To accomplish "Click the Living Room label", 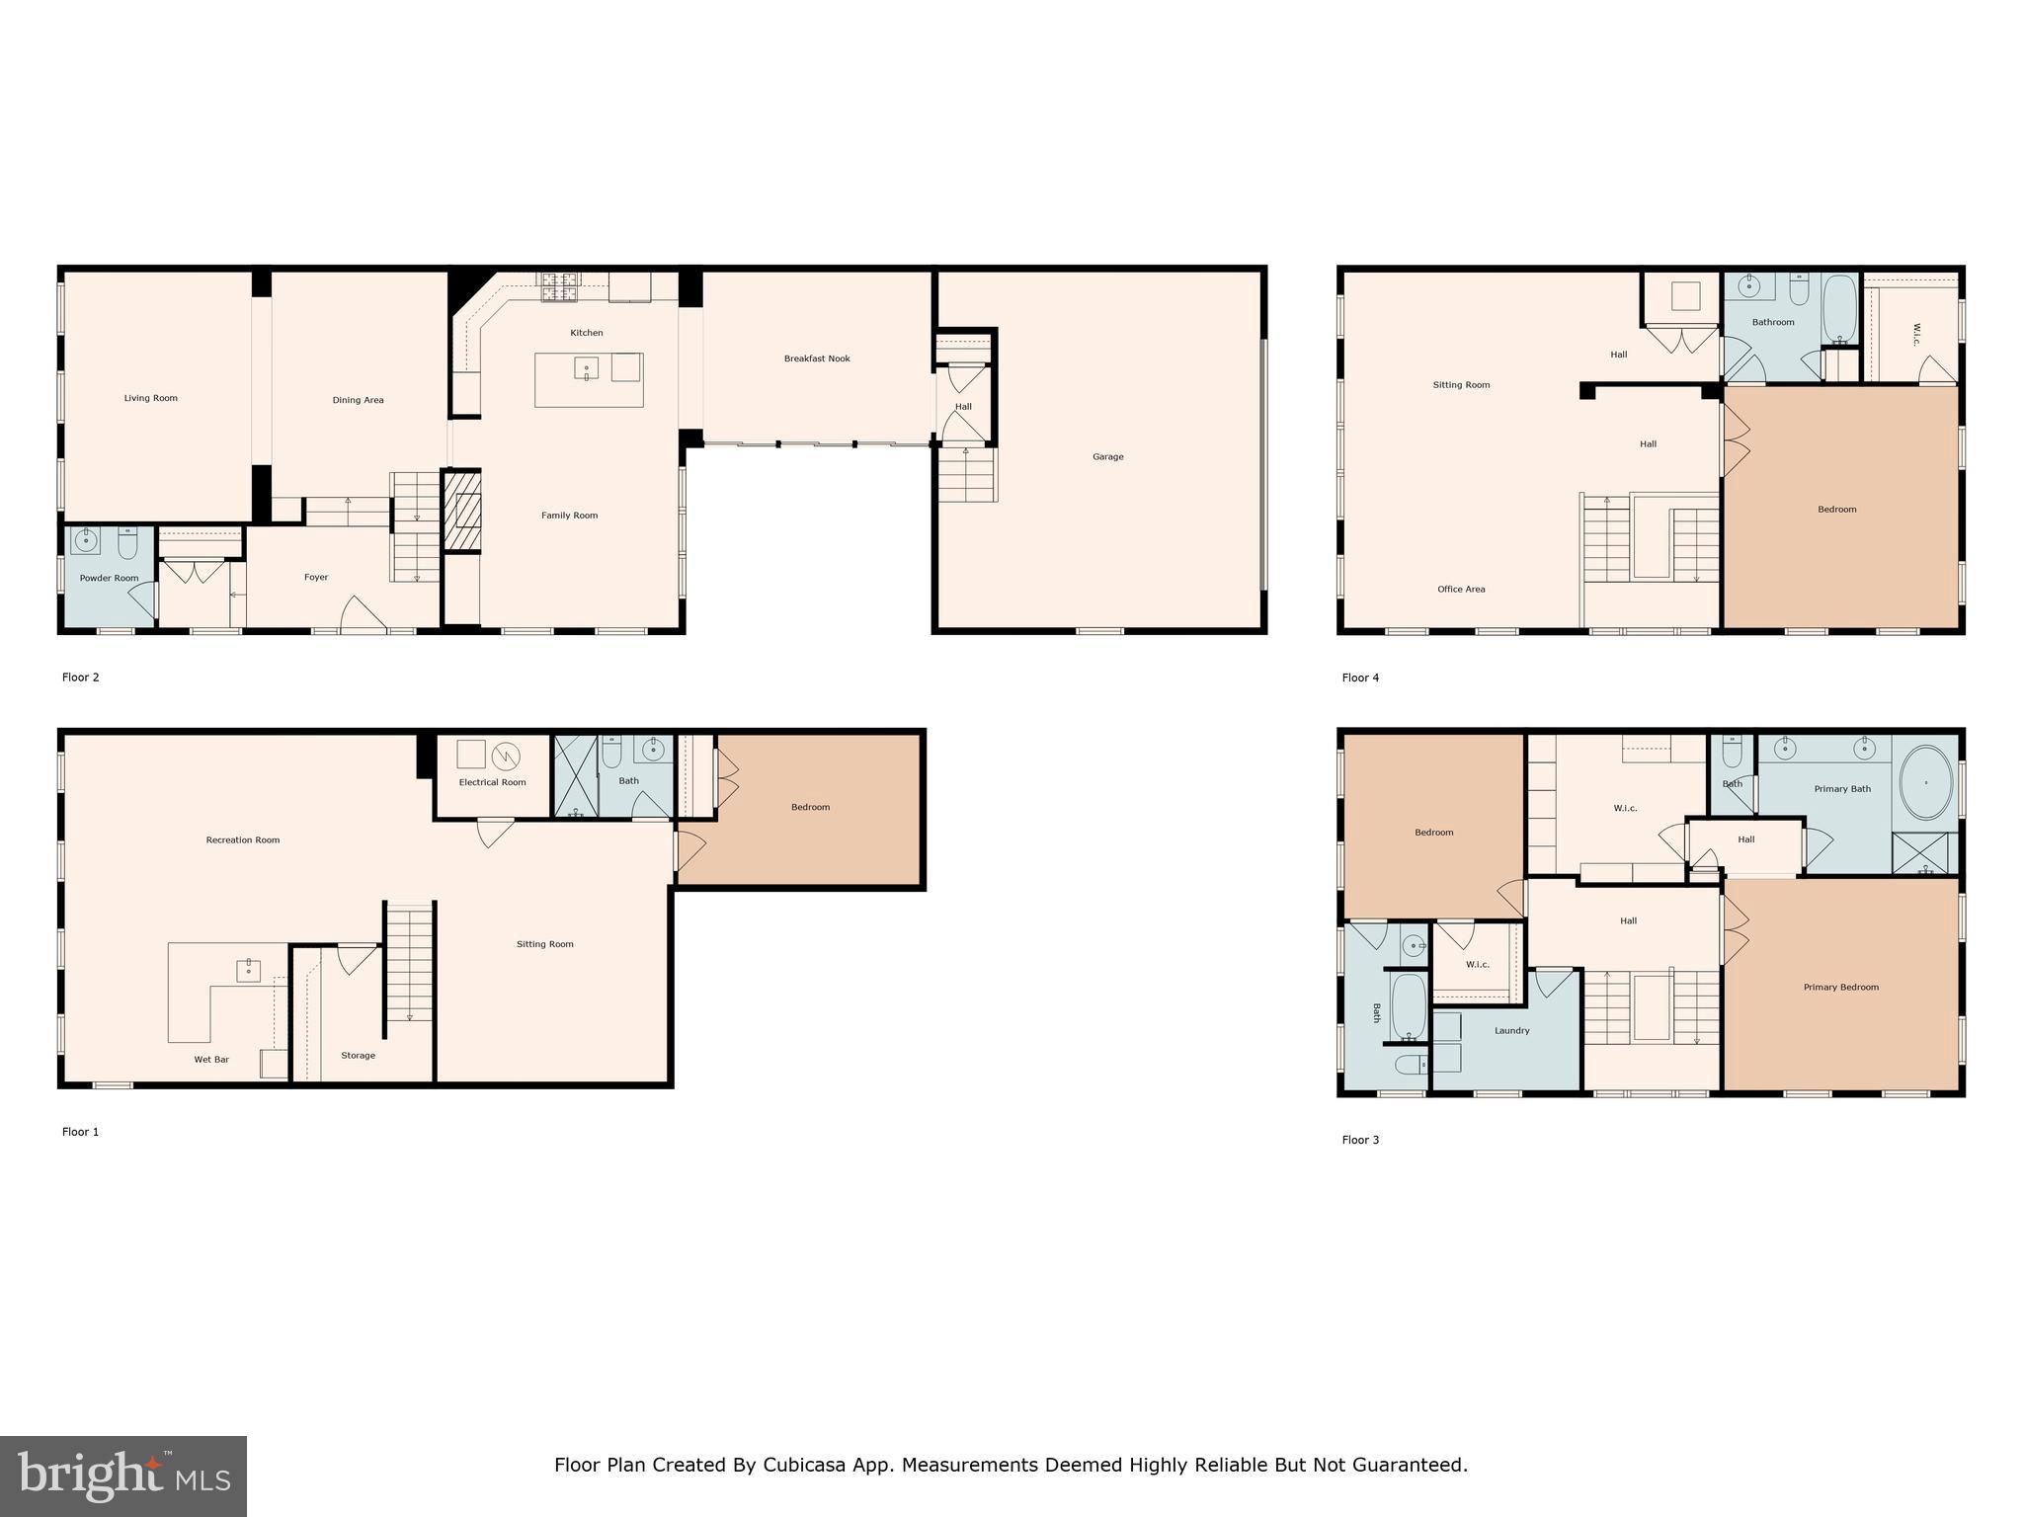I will click(x=151, y=398).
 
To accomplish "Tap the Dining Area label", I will click(x=358, y=400).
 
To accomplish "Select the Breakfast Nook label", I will click(x=817, y=359).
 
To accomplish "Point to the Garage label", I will click(x=1107, y=456).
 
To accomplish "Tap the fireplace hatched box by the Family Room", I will click(x=461, y=511).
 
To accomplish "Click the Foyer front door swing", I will click(x=362, y=613).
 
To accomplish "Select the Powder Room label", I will click(x=109, y=578).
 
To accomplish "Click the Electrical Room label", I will click(x=492, y=782).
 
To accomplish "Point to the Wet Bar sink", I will click(x=248, y=970).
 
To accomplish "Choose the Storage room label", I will click(x=358, y=1055).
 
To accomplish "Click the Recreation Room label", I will click(x=242, y=839).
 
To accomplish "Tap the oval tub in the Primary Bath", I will click(x=1925, y=782).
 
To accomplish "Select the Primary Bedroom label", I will click(x=1840, y=987).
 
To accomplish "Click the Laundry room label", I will click(x=1511, y=1030).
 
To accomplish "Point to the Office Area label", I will click(x=1461, y=589).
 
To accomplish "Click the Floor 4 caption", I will click(x=1360, y=678).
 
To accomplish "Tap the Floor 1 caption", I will click(x=81, y=1132).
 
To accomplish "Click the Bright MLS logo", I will click(x=123, y=1476).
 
